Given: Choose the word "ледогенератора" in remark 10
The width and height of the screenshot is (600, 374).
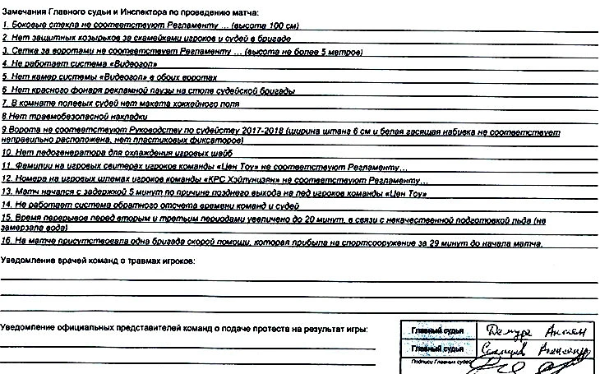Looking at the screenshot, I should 56,154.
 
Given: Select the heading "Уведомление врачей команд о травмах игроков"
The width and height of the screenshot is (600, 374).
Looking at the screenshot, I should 98,261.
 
